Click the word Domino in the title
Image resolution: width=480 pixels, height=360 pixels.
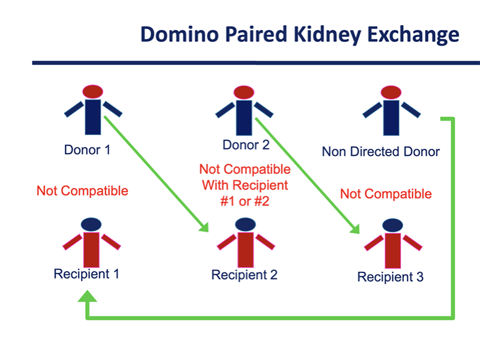tap(179, 34)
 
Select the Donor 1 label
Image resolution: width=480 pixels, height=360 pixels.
tap(87, 150)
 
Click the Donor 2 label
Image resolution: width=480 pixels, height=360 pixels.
tap(246, 145)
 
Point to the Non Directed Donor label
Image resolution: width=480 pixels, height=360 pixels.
tap(381, 152)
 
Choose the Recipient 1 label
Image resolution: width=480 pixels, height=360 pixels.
tap(86, 274)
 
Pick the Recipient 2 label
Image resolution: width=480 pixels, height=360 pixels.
tap(244, 275)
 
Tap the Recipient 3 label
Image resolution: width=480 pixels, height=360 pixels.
tap(391, 277)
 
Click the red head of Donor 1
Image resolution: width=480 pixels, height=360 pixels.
tap(93, 92)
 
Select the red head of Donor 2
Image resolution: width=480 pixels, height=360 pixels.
tap(244, 92)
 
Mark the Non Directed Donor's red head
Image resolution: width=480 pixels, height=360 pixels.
tap(391, 92)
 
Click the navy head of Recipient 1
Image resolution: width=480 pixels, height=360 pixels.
tap(91, 224)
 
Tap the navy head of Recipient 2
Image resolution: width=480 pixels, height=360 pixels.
tap(245, 224)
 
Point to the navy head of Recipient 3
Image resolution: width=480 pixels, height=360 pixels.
tap(393, 226)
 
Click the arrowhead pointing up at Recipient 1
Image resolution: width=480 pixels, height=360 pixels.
tap(88, 296)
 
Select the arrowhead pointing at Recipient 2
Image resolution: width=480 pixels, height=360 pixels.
tap(205, 227)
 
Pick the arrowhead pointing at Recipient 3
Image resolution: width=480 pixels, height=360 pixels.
tap(355, 229)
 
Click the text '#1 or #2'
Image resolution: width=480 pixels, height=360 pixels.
tap(245, 202)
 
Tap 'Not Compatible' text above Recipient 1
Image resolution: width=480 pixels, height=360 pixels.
tap(82, 191)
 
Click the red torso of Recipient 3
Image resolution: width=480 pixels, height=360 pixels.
tap(393, 251)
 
